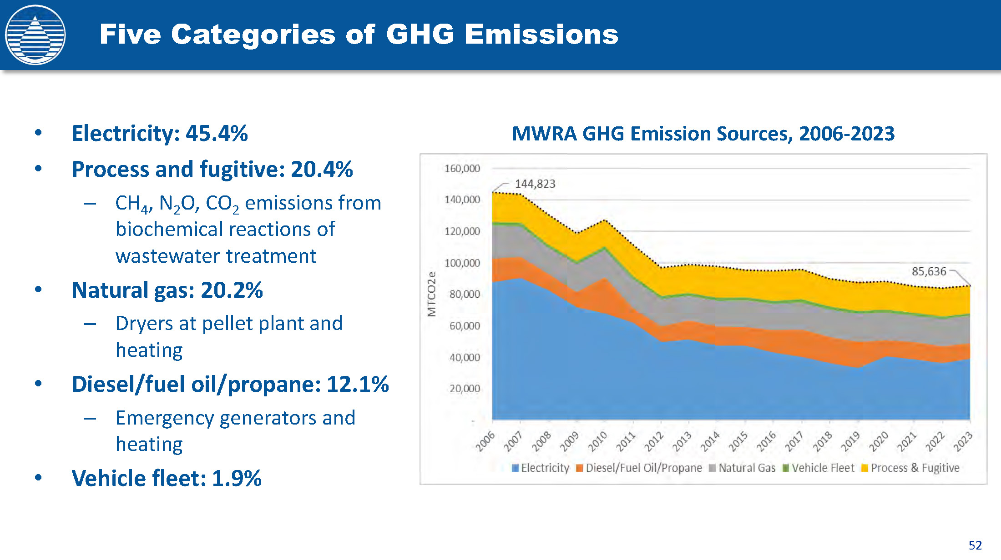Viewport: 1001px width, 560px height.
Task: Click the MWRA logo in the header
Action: coord(35,35)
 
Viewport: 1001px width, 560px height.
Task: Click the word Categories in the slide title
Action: coord(253,35)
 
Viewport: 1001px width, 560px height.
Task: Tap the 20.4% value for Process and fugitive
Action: coord(322,169)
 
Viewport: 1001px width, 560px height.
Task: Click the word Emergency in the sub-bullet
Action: coord(164,418)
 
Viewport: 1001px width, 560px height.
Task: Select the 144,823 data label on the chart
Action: coord(535,184)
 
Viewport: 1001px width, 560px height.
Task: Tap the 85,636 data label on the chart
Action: coord(929,272)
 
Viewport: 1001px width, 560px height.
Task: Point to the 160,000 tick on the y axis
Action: coord(462,169)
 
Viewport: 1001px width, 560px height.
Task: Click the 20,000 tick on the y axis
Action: coord(465,389)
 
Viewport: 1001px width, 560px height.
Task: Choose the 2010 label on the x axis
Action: coord(597,441)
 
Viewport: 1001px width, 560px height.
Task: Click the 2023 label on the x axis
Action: coord(963,441)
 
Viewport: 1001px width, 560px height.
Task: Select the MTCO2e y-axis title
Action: coord(431,294)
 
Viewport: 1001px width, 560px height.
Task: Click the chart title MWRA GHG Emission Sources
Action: coord(703,134)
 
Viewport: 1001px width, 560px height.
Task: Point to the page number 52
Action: coord(975,545)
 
